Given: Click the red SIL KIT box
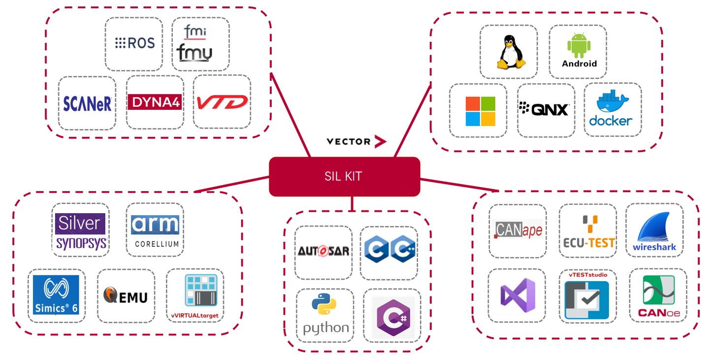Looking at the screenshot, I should (x=344, y=176).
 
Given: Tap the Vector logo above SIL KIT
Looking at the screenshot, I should (x=356, y=142).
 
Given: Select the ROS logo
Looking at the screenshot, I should (x=134, y=43).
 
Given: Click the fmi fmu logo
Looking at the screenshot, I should (x=195, y=44).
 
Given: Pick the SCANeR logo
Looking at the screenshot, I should (x=87, y=103).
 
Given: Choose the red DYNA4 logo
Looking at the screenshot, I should (x=155, y=102).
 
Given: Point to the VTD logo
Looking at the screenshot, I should (x=222, y=102).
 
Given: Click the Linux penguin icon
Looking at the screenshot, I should (x=509, y=52).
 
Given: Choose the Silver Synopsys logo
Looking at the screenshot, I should (x=80, y=231).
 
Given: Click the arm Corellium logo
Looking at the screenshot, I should (x=155, y=230).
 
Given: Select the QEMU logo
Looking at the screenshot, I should (x=126, y=296).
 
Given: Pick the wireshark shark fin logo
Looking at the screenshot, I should (x=654, y=231).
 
